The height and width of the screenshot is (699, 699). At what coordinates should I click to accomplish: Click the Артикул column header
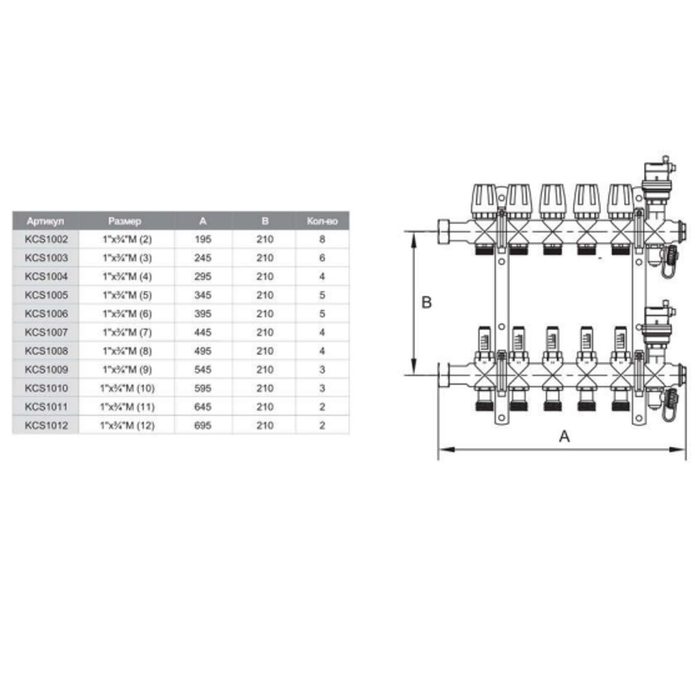pos(45,221)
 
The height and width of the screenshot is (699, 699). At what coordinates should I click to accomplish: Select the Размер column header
pos(125,221)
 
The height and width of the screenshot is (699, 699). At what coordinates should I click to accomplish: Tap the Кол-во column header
pos(322,221)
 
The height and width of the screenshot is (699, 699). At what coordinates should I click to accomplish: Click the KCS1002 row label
pos(46,239)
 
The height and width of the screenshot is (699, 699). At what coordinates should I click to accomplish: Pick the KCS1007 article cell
pos(46,333)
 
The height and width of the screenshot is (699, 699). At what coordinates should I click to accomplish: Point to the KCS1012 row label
pos(46,426)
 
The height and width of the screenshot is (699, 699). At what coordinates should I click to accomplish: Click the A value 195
pos(203,239)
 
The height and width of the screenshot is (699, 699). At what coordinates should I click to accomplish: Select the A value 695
pos(203,426)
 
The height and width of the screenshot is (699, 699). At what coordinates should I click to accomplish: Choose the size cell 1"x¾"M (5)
pos(127,295)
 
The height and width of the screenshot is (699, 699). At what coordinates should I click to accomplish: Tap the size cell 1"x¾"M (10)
pos(127,389)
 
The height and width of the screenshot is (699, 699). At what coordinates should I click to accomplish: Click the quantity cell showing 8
pos(322,239)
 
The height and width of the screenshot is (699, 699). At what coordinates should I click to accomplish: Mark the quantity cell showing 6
pos(322,258)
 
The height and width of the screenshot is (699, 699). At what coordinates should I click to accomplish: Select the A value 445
pos(203,333)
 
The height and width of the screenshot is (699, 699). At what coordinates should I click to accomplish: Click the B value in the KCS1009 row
pos(265,370)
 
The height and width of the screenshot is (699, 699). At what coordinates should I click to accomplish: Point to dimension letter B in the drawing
pos(426,303)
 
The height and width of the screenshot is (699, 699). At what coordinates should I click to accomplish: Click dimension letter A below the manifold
pos(564,436)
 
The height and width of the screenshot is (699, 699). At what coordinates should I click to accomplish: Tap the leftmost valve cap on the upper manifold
pos(484,200)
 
